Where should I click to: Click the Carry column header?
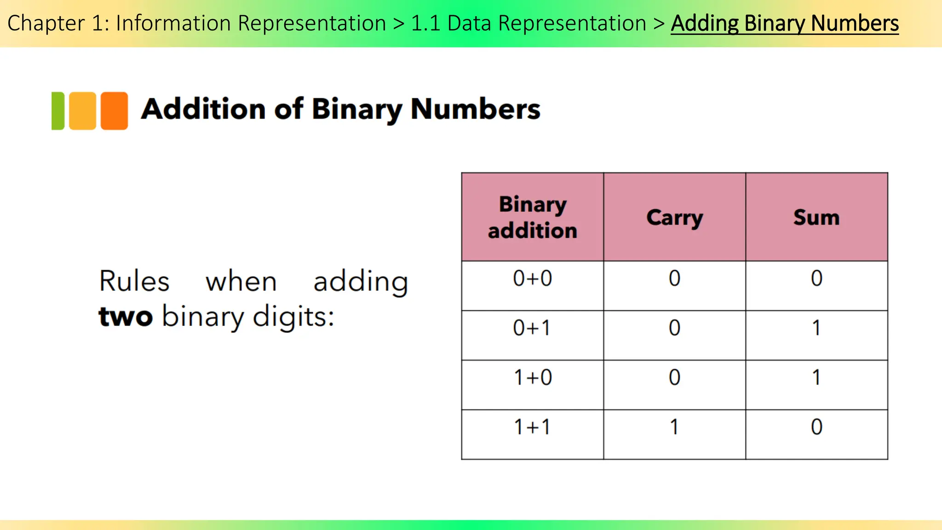(x=674, y=217)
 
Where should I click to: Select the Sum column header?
(x=816, y=217)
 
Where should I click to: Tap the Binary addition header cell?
(x=532, y=217)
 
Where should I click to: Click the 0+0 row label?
(x=532, y=279)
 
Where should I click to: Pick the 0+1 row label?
(x=532, y=328)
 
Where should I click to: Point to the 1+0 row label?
(x=532, y=378)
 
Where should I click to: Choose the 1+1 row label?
(x=532, y=427)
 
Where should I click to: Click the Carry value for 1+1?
(x=674, y=427)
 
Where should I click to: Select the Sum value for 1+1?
(x=816, y=427)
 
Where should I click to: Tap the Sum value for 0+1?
(x=816, y=328)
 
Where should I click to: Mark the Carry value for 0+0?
(x=674, y=279)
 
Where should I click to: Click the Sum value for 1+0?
(x=816, y=378)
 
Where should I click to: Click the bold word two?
(x=126, y=317)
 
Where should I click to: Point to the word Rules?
(x=134, y=281)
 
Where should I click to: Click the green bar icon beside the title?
(x=58, y=111)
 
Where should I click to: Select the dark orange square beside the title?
(x=114, y=111)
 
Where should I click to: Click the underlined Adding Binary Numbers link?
(x=784, y=23)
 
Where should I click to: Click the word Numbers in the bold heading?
(x=475, y=109)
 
